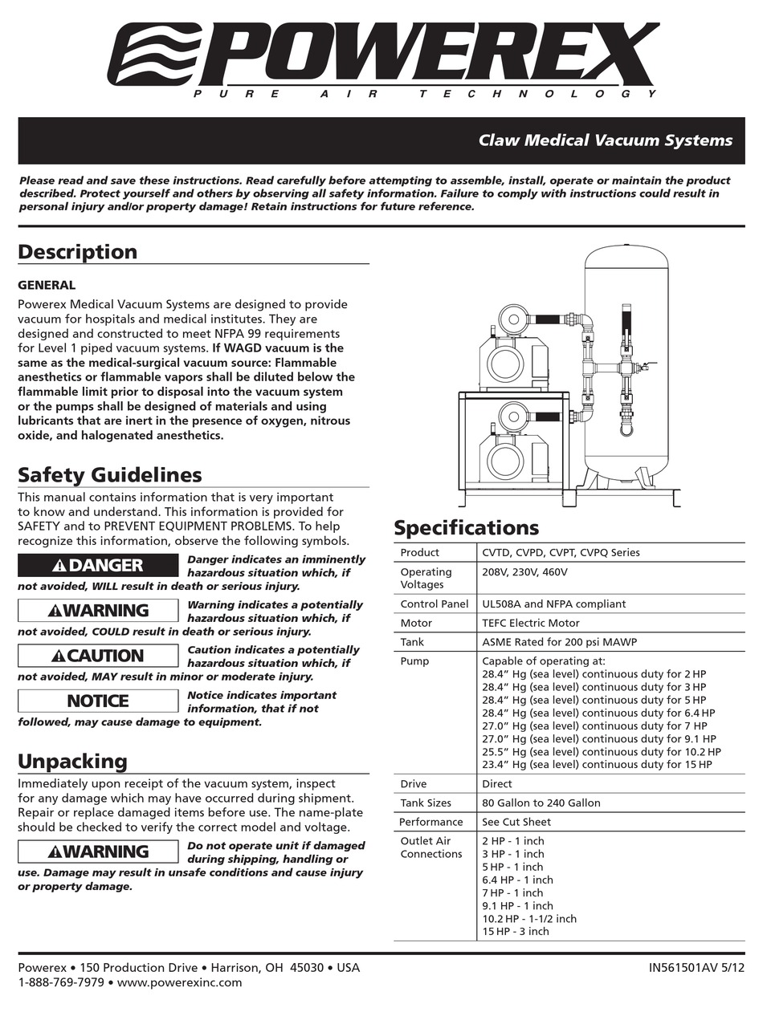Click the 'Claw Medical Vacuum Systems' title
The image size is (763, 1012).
click(x=605, y=140)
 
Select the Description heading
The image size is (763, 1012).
click(x=78, y=252)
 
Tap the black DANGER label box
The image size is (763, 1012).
click(x=98, y=565)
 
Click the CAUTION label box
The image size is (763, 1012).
click(x=98, y=656)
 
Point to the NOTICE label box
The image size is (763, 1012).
click(x=98, y=701)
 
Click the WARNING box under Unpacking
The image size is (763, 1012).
click(x=98, y=851)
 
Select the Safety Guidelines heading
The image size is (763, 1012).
click(x=110, y=475)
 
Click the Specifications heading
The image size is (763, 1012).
click(x=466, y=528)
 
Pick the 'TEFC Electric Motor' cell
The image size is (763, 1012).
click(x=530, y=623)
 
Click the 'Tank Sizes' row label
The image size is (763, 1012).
click(x=426, y=803)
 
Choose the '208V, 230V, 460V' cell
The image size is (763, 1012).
click(x=524, y=572)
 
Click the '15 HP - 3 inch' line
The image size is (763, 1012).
click(x=516, y=931)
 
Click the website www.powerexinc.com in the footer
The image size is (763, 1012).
click(x=180, y=982)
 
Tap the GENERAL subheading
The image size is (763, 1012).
click(x=47, y=285)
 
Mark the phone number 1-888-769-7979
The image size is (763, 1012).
click(x=61, y=982)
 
